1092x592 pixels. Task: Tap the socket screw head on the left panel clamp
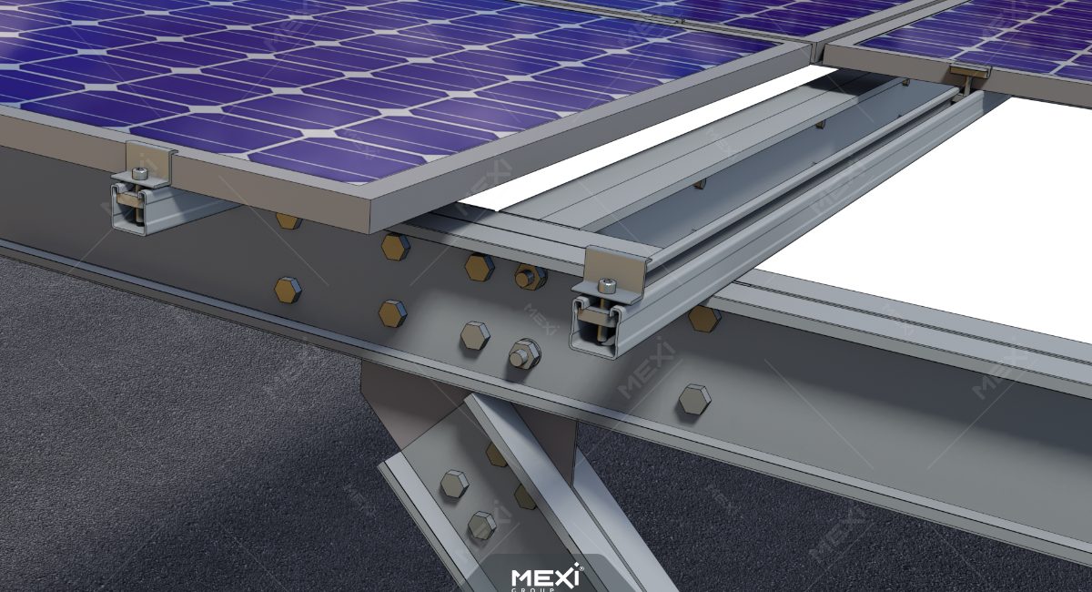tap(138, 173)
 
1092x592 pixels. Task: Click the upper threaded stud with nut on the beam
tap(527, 274)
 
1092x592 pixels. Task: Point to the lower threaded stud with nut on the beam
tap(521, 353)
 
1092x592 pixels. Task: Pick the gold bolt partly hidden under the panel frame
tap(288, 220)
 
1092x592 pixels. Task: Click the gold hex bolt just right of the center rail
tap(703, 318)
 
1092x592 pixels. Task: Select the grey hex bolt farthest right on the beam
tap(694, 398)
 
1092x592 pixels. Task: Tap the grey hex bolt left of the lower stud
tap(474, 335)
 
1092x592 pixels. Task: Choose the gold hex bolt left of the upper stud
tap(479, 267)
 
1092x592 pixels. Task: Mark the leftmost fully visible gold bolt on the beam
tap(288, 290)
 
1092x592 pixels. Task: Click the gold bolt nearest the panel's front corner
tap(395, 247)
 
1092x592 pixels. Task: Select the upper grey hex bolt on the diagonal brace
tap(454, 483)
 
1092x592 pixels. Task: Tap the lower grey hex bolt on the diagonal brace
tap(481, 525)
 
